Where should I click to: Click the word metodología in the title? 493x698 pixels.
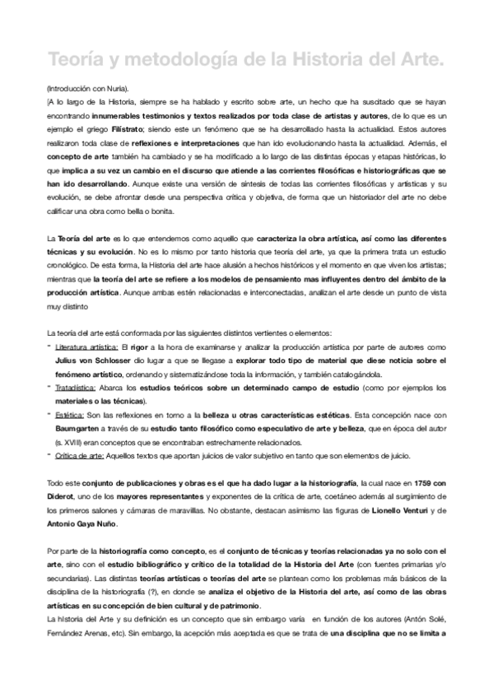pyautogui.click(x=154, y=59)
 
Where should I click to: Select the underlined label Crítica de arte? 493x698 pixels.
pyautogui.click(x=79, y=456)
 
